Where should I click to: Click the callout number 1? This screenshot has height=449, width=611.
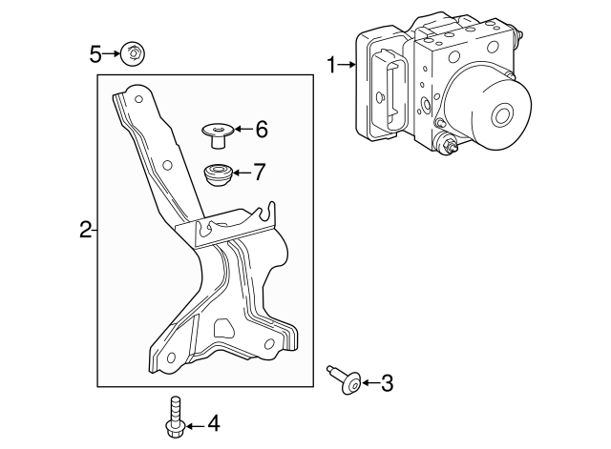[x=331, y=65]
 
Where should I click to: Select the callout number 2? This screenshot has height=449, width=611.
[x=85, y=229]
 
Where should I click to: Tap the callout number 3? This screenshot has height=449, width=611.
[x=387, y=383]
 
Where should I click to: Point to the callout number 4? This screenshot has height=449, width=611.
[x=213, y=422]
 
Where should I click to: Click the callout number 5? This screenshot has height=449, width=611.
[x=95, y=53]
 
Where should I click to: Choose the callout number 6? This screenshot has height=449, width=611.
[x=262, y=129]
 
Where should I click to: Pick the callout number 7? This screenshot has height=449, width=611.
[x=259, y=173]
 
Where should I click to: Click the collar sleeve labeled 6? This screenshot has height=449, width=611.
[x=217, y=134]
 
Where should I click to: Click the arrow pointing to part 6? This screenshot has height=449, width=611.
[x=242, y=129]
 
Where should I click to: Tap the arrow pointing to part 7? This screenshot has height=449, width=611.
[x=241, y=173]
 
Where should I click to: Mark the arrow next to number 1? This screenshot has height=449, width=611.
[x=346, y=65]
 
